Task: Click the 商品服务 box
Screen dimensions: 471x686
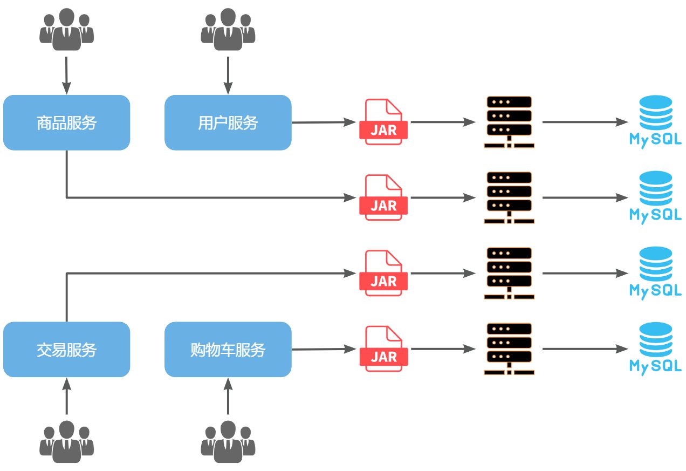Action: (66, 122)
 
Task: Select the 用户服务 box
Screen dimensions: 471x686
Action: (228, 122)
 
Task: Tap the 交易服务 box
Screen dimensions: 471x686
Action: (66, 350)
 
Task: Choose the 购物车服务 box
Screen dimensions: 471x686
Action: (228, 350)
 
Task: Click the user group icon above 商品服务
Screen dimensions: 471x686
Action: (66, 30)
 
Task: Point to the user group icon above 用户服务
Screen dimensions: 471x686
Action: (228, 30)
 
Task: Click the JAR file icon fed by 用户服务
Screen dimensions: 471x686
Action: (383, 122)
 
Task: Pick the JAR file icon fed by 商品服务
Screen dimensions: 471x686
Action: (383, 197)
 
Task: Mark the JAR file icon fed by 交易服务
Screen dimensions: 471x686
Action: (383, 273)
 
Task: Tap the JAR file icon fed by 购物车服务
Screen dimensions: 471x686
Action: (383, 349)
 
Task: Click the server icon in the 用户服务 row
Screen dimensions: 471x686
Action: (509, 122)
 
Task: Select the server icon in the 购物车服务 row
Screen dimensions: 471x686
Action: (509, 349)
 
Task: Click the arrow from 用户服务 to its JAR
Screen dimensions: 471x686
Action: (324, 122)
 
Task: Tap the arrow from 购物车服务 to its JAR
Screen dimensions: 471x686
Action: (324, 349)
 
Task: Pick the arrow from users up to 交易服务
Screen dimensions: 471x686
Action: (66, 397)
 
